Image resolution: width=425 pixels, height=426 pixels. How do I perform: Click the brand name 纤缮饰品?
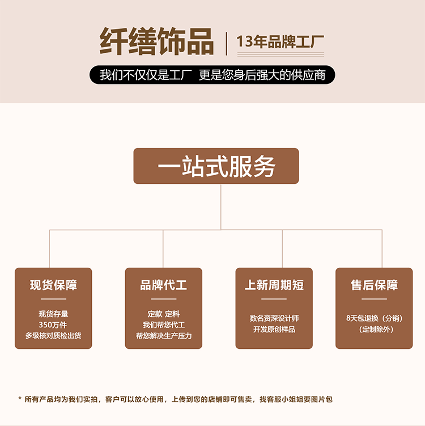[156, 41]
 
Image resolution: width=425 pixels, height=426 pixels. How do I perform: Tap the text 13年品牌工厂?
[280, 41]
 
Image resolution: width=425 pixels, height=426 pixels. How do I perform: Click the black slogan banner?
[212, 75]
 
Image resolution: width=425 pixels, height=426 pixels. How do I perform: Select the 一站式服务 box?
[216, 166]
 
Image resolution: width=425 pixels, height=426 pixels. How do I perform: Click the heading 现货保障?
[53, 285]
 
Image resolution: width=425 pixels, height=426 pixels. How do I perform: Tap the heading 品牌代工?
[163, 285]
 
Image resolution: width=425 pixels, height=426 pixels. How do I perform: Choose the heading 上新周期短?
[274, 285]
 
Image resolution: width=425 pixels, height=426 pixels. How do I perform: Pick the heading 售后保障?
[374, 285]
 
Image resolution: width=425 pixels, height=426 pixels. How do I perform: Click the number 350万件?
[53, 324]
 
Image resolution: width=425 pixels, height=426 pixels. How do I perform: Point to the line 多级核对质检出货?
[53, 336]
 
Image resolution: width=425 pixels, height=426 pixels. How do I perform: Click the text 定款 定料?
[163, 314]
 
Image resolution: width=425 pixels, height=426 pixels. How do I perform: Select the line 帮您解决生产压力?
[164, 336]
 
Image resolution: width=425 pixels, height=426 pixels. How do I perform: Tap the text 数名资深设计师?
[274, 318]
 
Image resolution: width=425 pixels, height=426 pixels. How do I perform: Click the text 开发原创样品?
[274, 329]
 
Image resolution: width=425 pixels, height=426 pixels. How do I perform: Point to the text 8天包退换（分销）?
[374, 318]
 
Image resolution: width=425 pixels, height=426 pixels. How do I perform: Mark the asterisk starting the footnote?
[20, 399]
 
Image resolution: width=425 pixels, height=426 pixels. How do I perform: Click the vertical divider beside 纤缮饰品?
[226, 44]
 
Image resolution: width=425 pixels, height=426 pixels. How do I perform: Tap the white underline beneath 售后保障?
[374, 299]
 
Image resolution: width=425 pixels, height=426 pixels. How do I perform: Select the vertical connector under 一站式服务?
[220, 207]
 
